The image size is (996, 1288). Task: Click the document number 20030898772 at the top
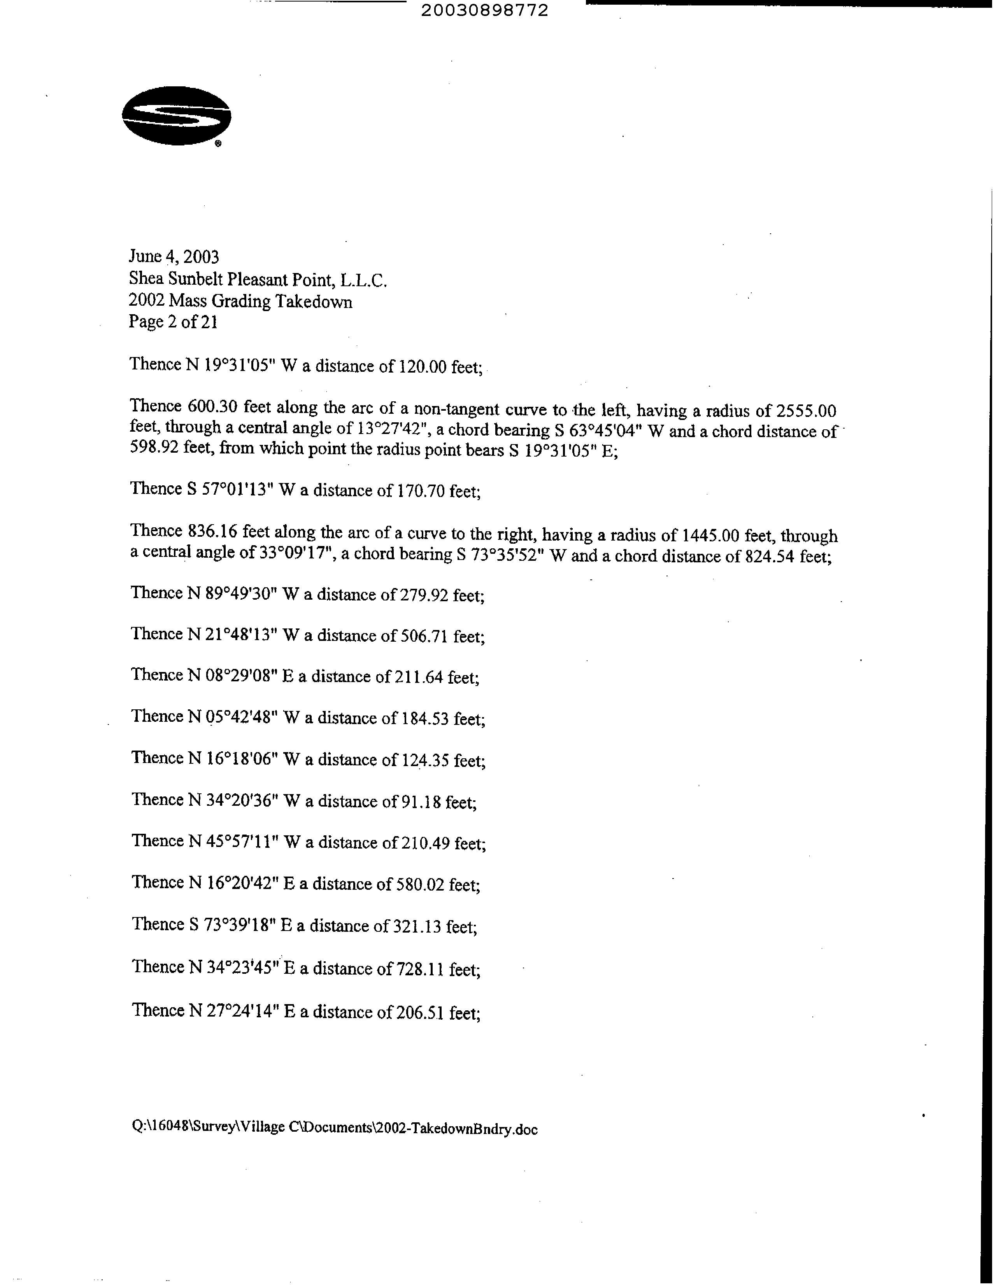[484, 10]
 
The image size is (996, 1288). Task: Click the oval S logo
[176, 116]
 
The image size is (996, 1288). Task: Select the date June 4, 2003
[174, 257]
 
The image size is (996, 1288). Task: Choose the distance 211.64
[417, 676]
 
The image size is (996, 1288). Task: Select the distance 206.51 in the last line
[419, 1012]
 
